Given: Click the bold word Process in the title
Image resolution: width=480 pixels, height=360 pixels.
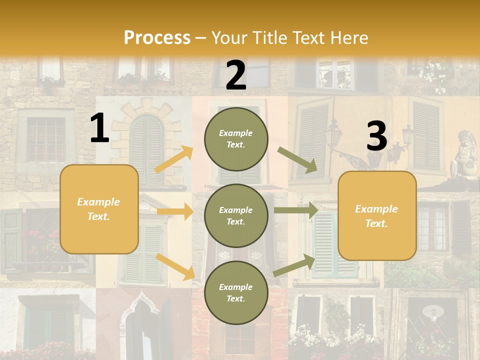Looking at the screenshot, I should (157, 37).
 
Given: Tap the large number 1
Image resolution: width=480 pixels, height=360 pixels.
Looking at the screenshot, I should (99, 128).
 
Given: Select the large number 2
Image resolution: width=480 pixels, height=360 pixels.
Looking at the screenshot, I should (236, 75).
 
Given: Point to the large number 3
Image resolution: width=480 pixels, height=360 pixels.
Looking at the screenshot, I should (376, 136).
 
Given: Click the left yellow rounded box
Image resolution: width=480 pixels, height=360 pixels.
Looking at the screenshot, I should (99, 209).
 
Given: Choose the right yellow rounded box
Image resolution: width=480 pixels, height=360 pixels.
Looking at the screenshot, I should (377, 216).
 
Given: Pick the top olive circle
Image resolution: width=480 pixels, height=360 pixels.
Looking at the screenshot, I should (236, 139).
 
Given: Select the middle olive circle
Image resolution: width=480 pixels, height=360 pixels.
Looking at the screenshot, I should (236, 216).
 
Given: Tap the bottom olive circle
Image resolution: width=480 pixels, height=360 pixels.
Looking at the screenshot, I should (236, 293).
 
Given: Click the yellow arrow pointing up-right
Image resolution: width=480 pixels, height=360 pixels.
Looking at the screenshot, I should (174, 159).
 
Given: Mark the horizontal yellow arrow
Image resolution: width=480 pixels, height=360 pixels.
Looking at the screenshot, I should (175, 211).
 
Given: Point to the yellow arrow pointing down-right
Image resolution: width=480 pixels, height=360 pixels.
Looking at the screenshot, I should (175, 266).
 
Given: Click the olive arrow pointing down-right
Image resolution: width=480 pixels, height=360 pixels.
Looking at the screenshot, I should (297, 159).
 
